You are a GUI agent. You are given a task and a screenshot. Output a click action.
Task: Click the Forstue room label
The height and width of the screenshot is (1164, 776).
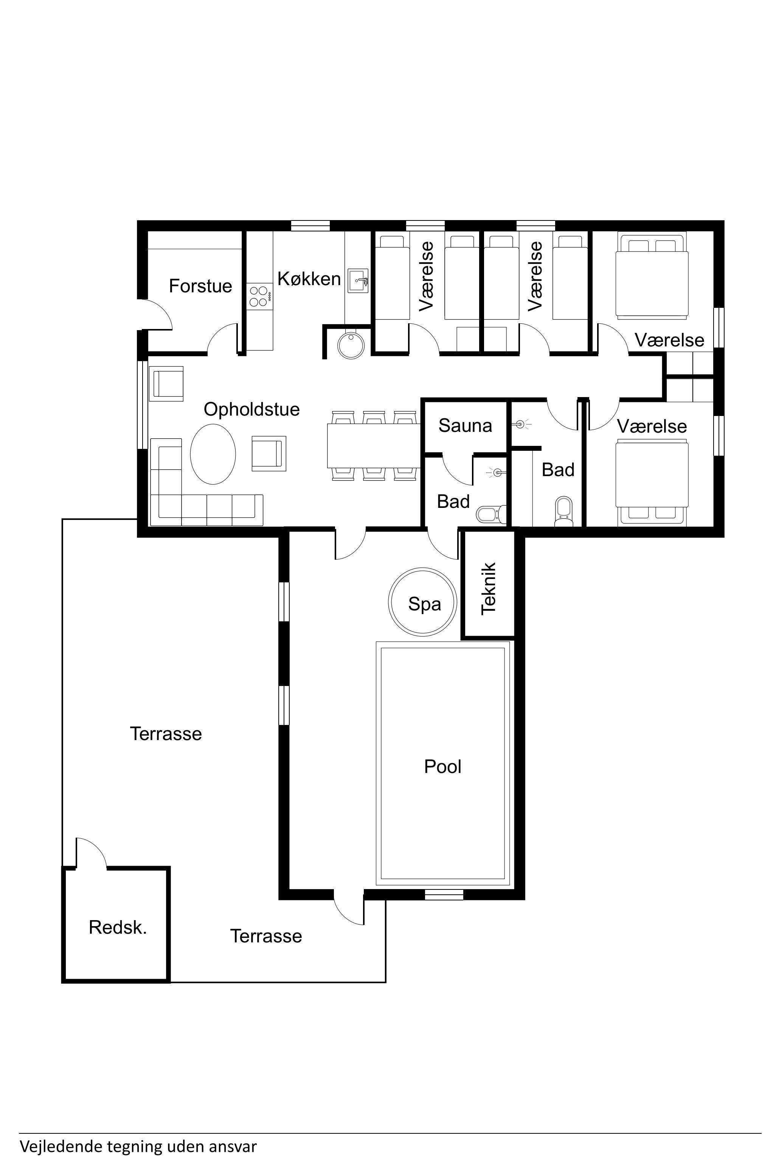[x=200, y=286]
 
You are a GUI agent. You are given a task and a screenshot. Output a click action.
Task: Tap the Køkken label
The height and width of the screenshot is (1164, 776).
[x=309, y=279]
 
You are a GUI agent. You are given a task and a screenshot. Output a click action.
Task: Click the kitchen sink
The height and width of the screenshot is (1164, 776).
[x=358, y=281]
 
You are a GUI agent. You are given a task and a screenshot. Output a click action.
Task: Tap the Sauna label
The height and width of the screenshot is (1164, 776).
[x=465, y=425]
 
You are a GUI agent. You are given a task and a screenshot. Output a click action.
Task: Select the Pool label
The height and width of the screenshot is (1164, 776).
[x=442, y=767]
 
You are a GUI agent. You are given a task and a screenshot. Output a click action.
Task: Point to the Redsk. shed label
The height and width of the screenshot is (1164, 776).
[x=118, y=927]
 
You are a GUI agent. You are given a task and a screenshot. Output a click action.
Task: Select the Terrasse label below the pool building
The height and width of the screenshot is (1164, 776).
[x=266, y=936]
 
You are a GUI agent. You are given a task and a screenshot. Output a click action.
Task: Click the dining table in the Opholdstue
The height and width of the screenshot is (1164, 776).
[x=374, y=445]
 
